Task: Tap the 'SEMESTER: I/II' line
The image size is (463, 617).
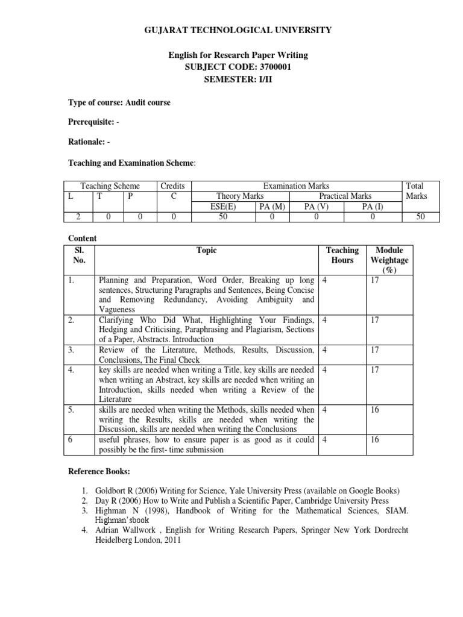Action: (x=237, y=79)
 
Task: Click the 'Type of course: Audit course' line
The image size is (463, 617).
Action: (x=119, y=102)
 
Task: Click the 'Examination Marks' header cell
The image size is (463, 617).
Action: (x=296, y=186)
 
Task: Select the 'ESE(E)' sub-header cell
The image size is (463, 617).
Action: (x=222, y=207)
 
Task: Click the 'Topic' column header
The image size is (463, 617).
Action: (x=206, y=251)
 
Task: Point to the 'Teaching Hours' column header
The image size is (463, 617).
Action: (x=342, y=255)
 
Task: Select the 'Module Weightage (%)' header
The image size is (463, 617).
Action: (x=389, y=260)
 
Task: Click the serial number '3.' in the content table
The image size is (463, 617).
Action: (x=71, y=349)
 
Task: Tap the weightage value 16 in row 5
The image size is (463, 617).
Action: (x=375, y=410)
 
